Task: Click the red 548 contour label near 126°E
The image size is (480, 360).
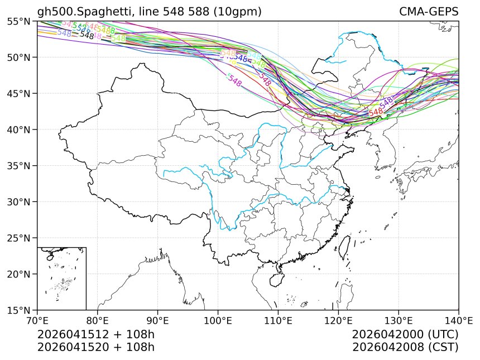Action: point(376,112)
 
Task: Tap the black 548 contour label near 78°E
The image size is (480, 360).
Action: point(87,35)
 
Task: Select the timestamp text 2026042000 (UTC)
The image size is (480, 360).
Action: point(405,334)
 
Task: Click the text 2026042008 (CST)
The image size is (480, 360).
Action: point(405,347)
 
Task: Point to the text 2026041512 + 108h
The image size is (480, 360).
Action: point(95,334)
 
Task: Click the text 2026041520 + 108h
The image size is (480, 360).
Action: point(95,347)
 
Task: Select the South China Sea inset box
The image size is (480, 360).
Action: point(61,278)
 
